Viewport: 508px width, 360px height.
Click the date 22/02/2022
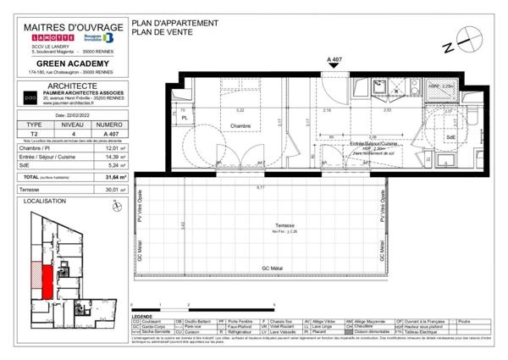click(73, 114)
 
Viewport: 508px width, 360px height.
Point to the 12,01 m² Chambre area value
click(115, 148)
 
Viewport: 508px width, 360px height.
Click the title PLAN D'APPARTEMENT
click(175, 22)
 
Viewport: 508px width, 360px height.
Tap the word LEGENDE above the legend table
click(143, 316)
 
